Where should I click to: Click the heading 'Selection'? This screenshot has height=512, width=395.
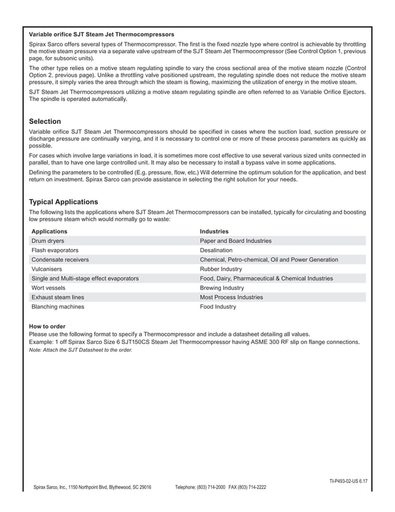[45, 121]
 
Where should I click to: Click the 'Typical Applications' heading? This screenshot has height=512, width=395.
[64, 202]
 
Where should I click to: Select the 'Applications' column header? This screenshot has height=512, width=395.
[50, 231]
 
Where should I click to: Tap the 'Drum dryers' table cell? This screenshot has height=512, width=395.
[48, 241]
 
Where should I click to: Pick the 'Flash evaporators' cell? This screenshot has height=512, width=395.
[55, 250]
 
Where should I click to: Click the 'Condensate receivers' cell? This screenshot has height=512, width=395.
[60, 260]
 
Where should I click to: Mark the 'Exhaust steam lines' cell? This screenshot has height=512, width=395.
[58, 298]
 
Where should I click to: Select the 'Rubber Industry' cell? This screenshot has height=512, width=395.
[221, 269]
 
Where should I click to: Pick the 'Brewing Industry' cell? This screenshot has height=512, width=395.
[222, 288]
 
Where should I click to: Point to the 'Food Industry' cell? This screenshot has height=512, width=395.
[218, 307]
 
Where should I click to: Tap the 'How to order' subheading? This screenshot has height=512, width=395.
[47, 327]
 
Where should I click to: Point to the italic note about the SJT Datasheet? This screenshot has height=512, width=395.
[80, 350]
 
